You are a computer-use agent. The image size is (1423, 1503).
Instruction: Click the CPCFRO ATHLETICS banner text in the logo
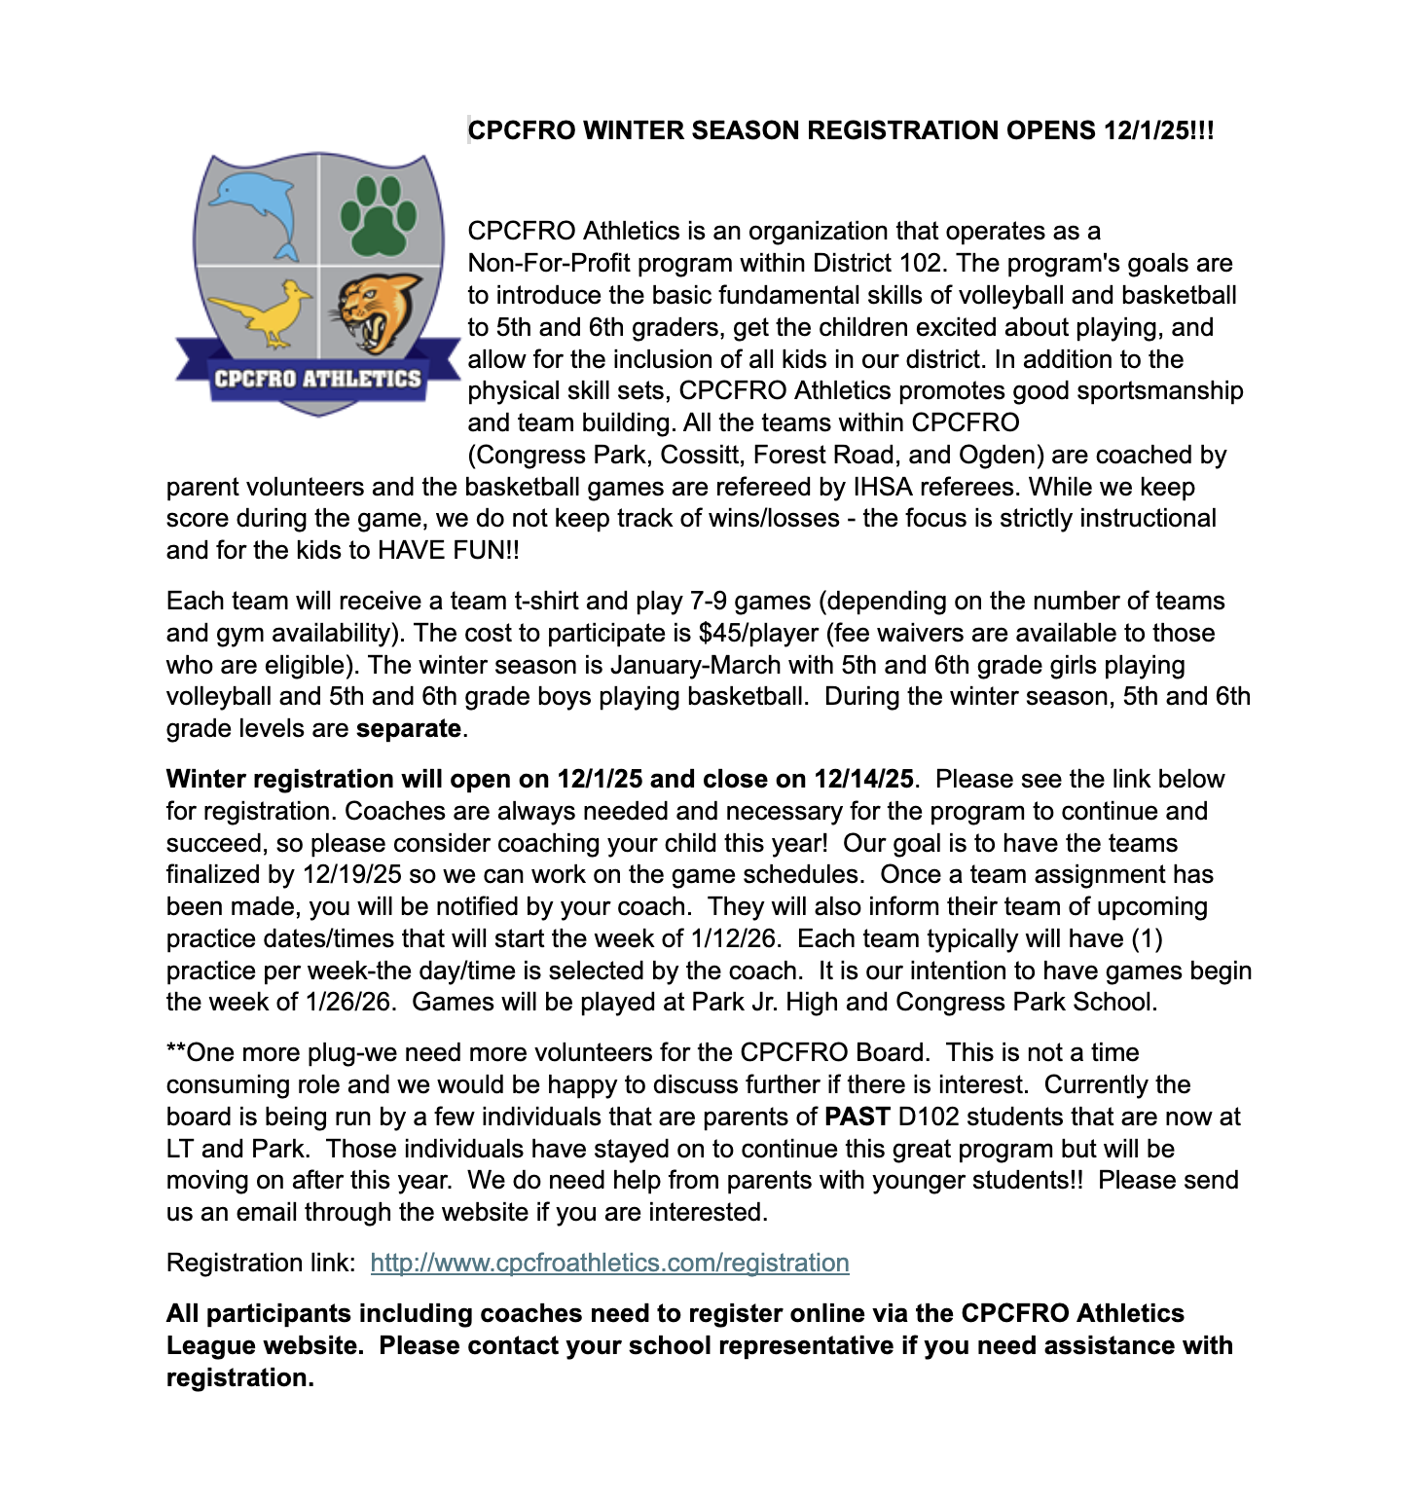click(317, 379)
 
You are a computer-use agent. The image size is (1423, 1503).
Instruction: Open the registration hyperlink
click(609, 1263)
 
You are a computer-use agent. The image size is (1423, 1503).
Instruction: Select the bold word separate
click(408, 728)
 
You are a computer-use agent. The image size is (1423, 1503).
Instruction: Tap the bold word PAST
click(857, 1117)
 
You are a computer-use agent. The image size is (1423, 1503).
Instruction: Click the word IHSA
click(883, 487)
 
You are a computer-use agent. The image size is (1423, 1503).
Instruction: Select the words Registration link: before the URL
click(261, 1263)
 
